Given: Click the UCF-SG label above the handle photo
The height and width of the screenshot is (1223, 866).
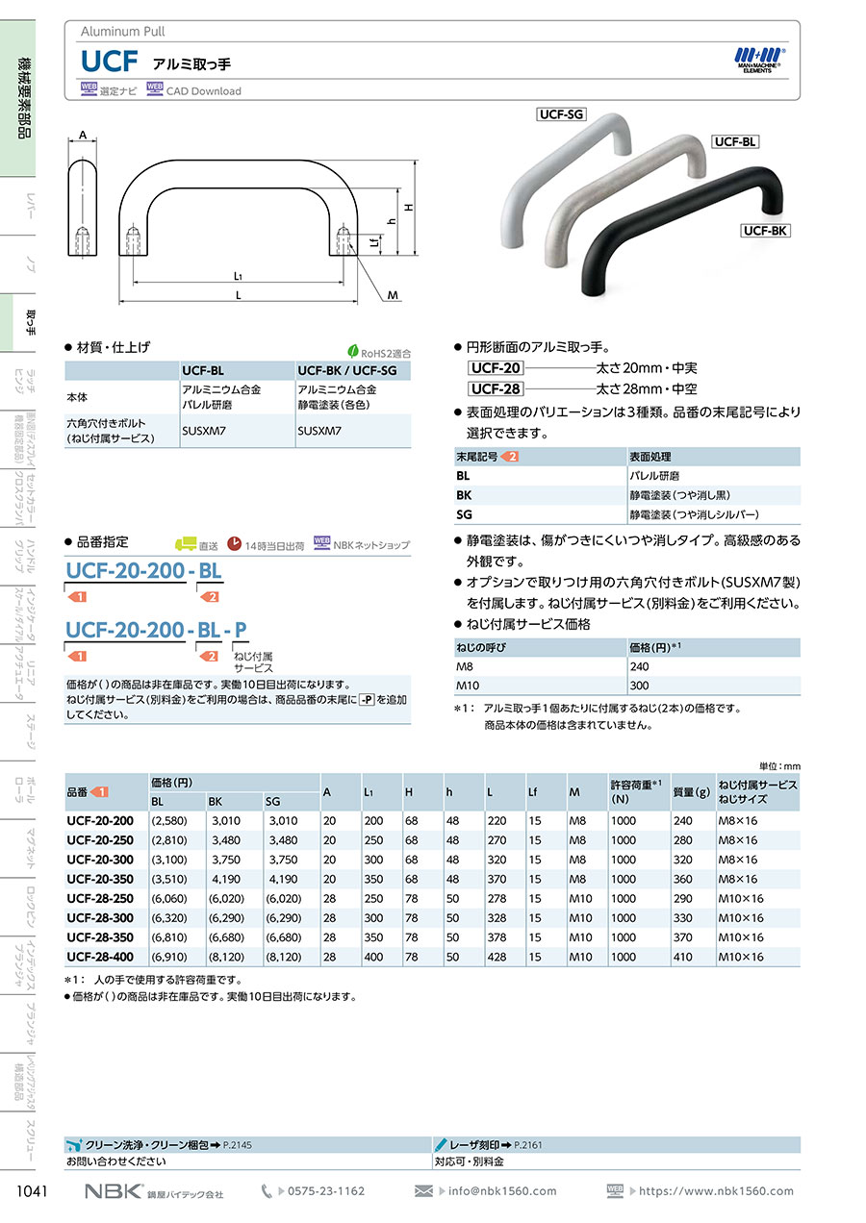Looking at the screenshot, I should (562, 114).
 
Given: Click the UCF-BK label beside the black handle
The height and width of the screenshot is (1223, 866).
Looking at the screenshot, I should (765, 230).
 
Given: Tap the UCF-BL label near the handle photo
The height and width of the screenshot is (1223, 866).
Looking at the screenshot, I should (736, 141).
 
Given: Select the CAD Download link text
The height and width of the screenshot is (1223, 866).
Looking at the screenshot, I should (204, 91).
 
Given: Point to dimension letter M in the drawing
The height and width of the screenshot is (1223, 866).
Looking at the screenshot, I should (393, 295).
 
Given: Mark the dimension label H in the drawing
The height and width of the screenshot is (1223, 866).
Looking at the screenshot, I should (408, 208).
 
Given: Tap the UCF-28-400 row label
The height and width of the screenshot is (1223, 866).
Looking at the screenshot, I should (100, 957).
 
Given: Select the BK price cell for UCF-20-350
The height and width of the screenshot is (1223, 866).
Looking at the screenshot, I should (224, 879).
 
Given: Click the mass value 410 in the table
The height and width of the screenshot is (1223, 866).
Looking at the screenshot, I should (682, 957).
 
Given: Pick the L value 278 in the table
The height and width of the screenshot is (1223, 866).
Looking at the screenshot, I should (497, 898).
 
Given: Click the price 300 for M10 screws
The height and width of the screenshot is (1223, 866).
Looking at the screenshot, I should (638, 686).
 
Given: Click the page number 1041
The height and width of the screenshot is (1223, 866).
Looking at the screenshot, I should (34, 1191).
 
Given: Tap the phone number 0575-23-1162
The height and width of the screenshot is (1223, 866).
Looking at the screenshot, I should (326, 1191).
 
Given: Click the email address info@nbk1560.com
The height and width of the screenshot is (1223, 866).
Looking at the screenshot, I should (502, 1191).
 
